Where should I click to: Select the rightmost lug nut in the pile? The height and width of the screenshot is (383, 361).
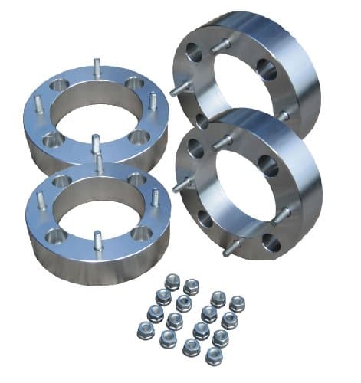(x=237, y=303)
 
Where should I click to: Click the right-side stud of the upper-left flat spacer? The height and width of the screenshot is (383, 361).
(x=153, y=101)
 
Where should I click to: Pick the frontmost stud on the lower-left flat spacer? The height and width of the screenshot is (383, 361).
(x=97, y=237)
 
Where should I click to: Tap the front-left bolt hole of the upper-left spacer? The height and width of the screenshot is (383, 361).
(x=51, y=140)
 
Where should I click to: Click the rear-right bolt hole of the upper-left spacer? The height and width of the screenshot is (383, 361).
(x=136, y=83)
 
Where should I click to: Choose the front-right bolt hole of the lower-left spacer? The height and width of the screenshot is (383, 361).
(x=139, y=234)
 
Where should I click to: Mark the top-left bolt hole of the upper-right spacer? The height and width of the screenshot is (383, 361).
(x=191, y=54)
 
